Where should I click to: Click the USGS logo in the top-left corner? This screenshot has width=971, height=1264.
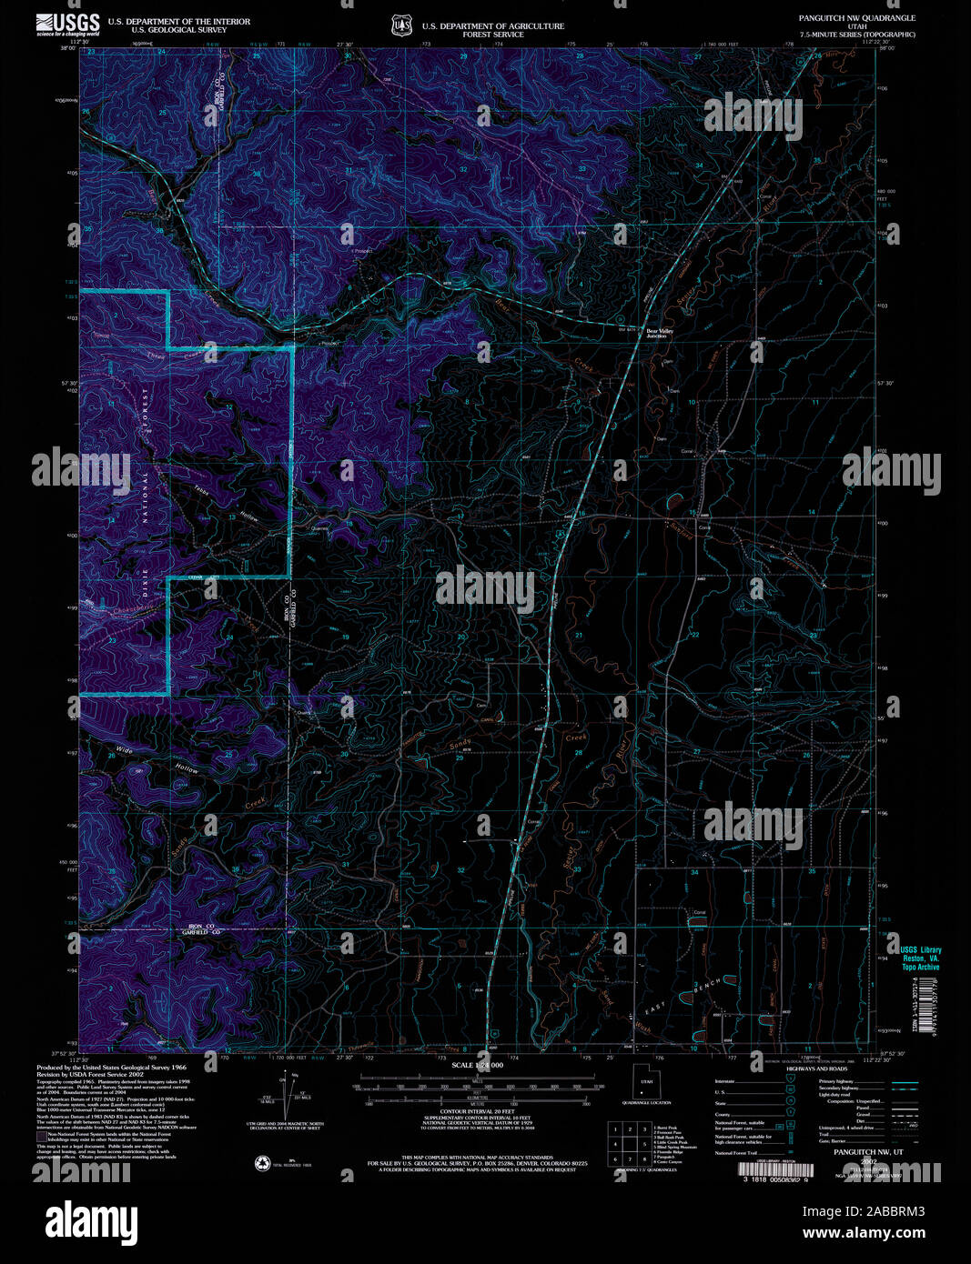click(68, 25)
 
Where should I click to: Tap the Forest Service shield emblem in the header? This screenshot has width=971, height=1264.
click(399, 26)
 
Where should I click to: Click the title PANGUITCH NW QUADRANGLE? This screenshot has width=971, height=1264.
click(856, 18)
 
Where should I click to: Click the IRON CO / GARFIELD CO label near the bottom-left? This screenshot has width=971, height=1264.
click(197, 928)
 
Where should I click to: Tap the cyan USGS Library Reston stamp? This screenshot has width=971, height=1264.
click(920, 958)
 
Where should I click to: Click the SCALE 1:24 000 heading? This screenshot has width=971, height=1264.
click(475, 1065)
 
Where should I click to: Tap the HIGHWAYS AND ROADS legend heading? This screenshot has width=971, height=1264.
click(817, 1069)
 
